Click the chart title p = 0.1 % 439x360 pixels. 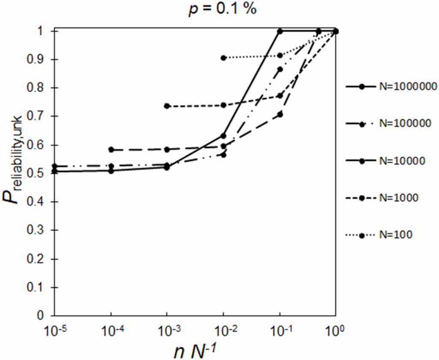(x=223, y=9)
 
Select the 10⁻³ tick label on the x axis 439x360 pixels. (x=167, y=330)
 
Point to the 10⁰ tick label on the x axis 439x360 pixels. (x=335, y=330)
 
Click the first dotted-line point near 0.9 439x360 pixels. (x=224, y=58)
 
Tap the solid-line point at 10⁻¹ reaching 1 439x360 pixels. (x=280, y=31)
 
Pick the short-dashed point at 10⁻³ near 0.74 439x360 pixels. (x=167, y=106)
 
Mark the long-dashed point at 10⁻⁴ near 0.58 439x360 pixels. (x=111, y=150)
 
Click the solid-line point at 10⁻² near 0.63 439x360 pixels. (x=224, y=136)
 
